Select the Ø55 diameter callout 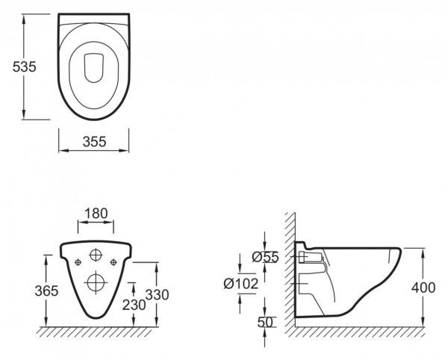coord(265,257)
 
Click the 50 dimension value coord(266,322)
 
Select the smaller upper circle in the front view coord(96,255)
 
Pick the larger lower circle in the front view coord(96,282)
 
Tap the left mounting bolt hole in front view coord(78,261)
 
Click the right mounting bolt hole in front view coord(113,261)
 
